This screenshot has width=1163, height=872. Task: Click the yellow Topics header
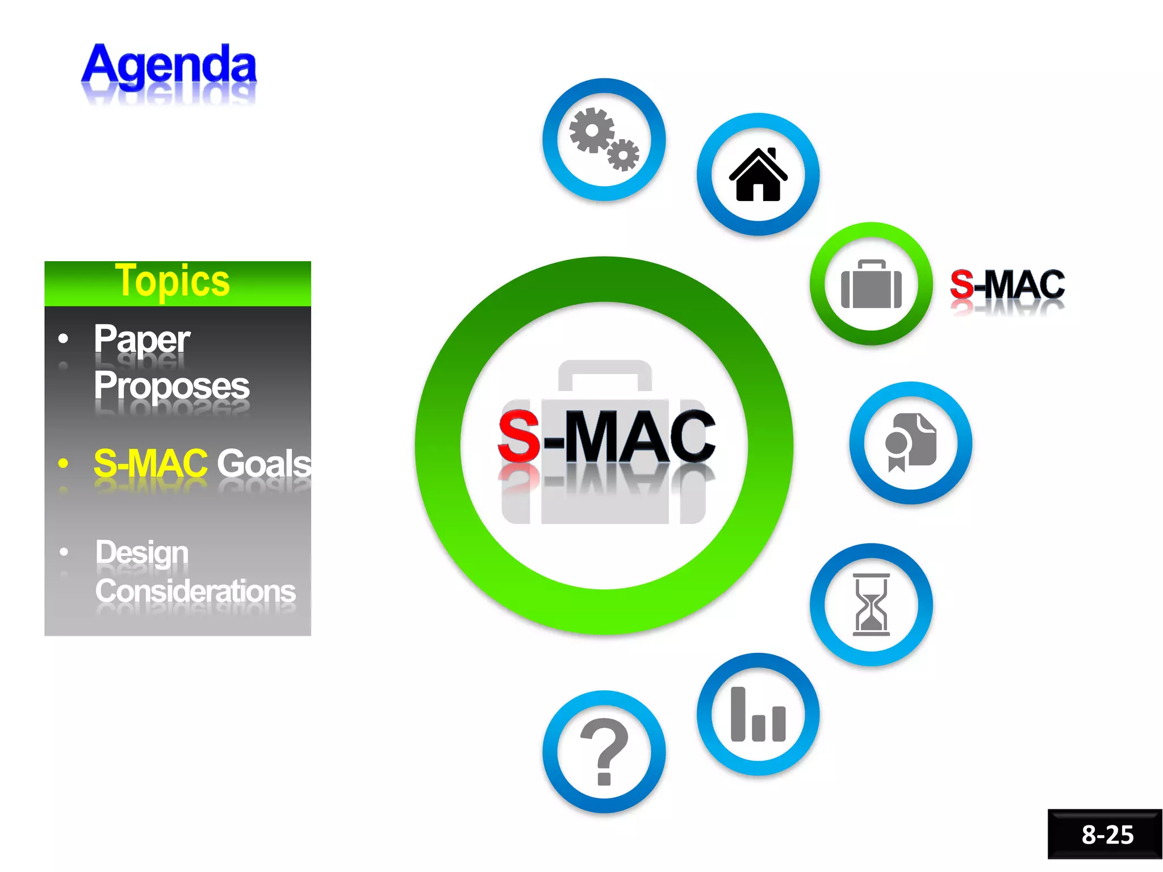(173, 281)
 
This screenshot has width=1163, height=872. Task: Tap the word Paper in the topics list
(142, 339)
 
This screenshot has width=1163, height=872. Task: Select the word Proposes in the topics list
(171, 385)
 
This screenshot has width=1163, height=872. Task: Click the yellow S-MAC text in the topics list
(150, 463)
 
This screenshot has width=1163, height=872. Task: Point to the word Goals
(264, 463)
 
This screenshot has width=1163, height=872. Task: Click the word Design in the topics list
(142, 552)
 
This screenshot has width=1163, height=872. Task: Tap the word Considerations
(195, 591)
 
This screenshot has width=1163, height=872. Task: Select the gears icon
(604, 139)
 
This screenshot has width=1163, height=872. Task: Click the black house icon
(758, 174)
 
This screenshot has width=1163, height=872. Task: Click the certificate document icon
(910, 443)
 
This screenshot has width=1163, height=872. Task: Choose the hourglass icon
(871, 604)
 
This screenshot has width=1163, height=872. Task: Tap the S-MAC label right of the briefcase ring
(1007, 284)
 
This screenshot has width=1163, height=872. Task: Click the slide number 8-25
(1107, 835)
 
